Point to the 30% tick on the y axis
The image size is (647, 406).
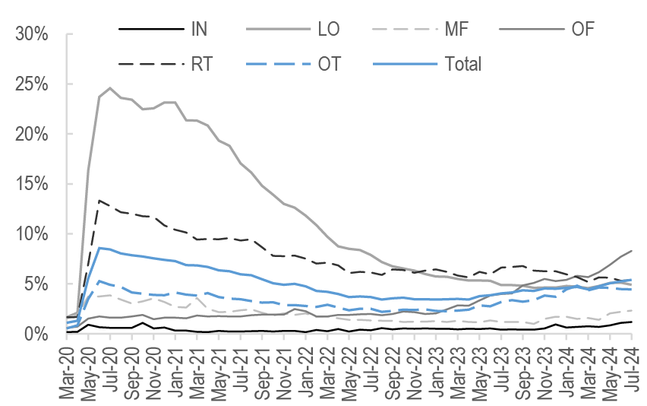[x=32, y=34]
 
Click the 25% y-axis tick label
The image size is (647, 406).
[x=32, y=84]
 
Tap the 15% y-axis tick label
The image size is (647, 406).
[x=32, y=184]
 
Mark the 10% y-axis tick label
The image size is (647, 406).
[x=32, y=233]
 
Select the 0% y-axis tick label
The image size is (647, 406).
[x=36, y=334]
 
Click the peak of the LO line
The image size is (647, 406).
[x=110, y=88]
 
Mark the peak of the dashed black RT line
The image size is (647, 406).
[x=99, y=201]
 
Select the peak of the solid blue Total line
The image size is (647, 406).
[x=99, y=248]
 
